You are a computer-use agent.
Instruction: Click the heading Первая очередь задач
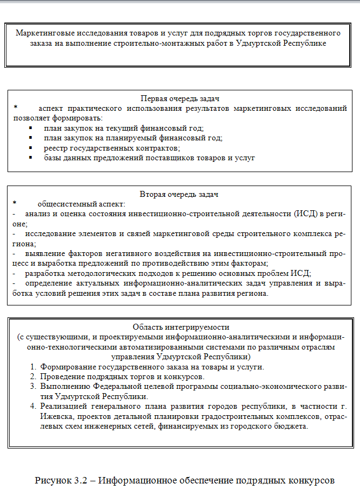tap(179, 99)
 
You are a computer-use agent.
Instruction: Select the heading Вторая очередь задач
tap(179, 194)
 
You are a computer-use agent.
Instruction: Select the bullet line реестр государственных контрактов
tap(112, 147)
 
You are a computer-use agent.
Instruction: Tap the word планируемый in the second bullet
tap(136, 138)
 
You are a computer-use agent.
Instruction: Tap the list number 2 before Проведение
tap(34, 377)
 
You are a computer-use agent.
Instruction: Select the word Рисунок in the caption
tap(53, 479)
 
